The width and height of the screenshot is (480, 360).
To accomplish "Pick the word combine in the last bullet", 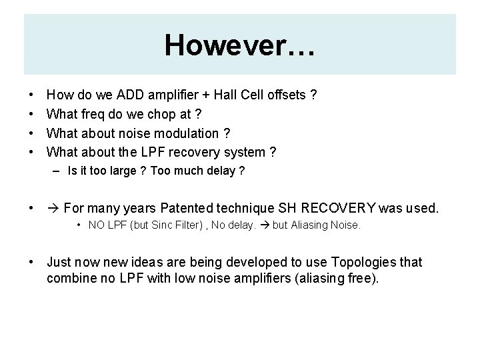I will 70,277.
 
